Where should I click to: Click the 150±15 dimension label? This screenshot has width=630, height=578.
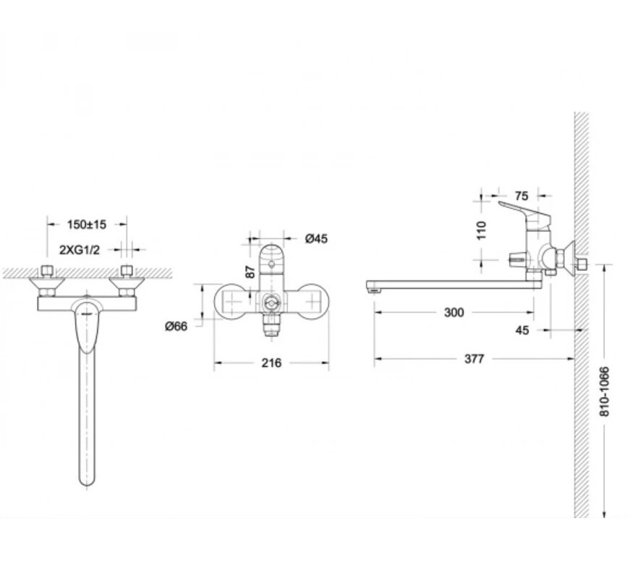point(86,225)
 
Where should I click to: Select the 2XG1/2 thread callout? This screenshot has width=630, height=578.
point(79,250)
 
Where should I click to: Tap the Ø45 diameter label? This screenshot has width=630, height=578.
point(316,238)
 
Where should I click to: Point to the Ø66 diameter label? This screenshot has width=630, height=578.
point(176,326)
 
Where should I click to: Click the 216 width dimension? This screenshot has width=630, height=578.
point(272,363)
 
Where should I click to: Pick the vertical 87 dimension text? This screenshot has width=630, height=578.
point(250,272)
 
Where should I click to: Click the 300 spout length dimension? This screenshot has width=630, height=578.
point(454,312)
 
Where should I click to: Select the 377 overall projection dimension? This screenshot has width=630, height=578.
point(474,358)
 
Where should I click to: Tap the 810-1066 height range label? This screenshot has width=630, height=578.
point(604,392)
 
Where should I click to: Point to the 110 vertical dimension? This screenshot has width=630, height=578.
point(481,230)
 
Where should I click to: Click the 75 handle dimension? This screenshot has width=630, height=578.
point(521,196)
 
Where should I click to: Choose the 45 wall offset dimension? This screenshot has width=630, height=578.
point(522,330)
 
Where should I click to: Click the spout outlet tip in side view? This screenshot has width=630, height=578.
point(373,287)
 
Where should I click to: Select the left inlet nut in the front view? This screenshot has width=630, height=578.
point(48,271)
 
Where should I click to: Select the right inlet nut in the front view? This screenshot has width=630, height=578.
point(127,271)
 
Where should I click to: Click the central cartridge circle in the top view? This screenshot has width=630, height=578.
point(271,302)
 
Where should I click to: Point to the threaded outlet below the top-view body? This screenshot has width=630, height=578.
point(271,324)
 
